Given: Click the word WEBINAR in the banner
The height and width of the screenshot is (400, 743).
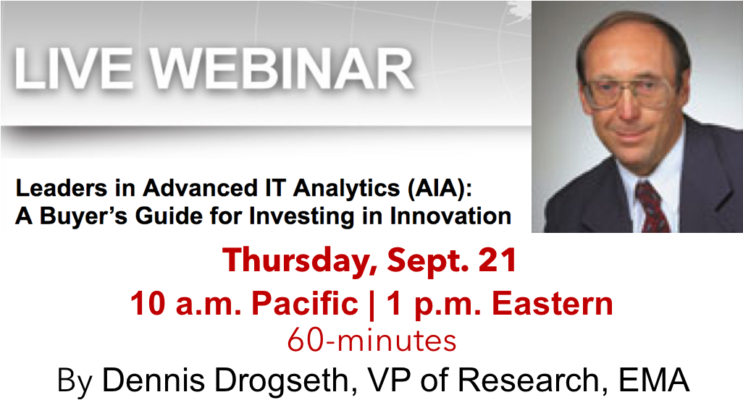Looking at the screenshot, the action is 282,68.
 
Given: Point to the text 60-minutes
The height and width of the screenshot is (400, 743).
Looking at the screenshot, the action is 372,341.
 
